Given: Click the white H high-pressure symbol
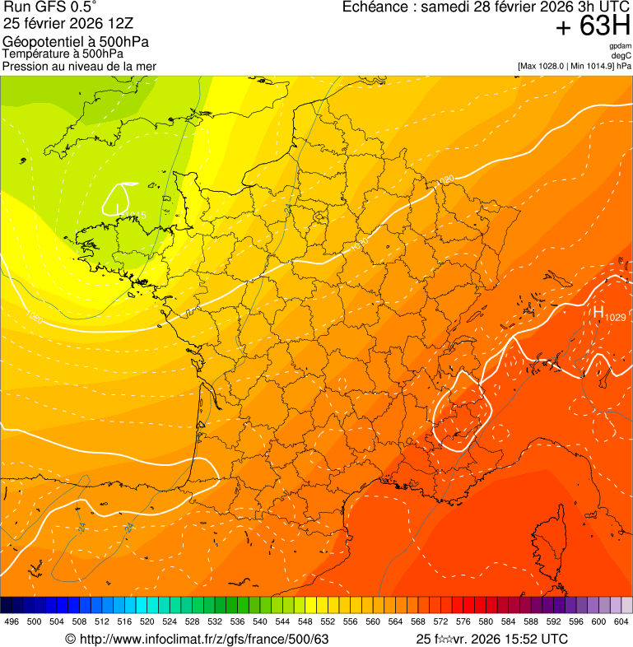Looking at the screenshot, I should pos(598,312).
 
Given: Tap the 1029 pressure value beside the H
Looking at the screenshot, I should pos(616,317).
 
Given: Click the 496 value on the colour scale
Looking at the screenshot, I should pos(12,622).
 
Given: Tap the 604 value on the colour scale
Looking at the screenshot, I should pos(621,622).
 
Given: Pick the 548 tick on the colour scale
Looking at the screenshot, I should pos(305,622).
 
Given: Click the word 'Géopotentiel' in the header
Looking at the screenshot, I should pos(38,41).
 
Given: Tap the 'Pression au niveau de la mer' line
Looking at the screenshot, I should pos(79,66).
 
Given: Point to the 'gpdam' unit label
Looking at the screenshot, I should pos(621,46).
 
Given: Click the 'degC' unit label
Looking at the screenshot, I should pos(621,55).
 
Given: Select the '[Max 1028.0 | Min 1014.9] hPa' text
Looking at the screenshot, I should pos(575,65).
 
